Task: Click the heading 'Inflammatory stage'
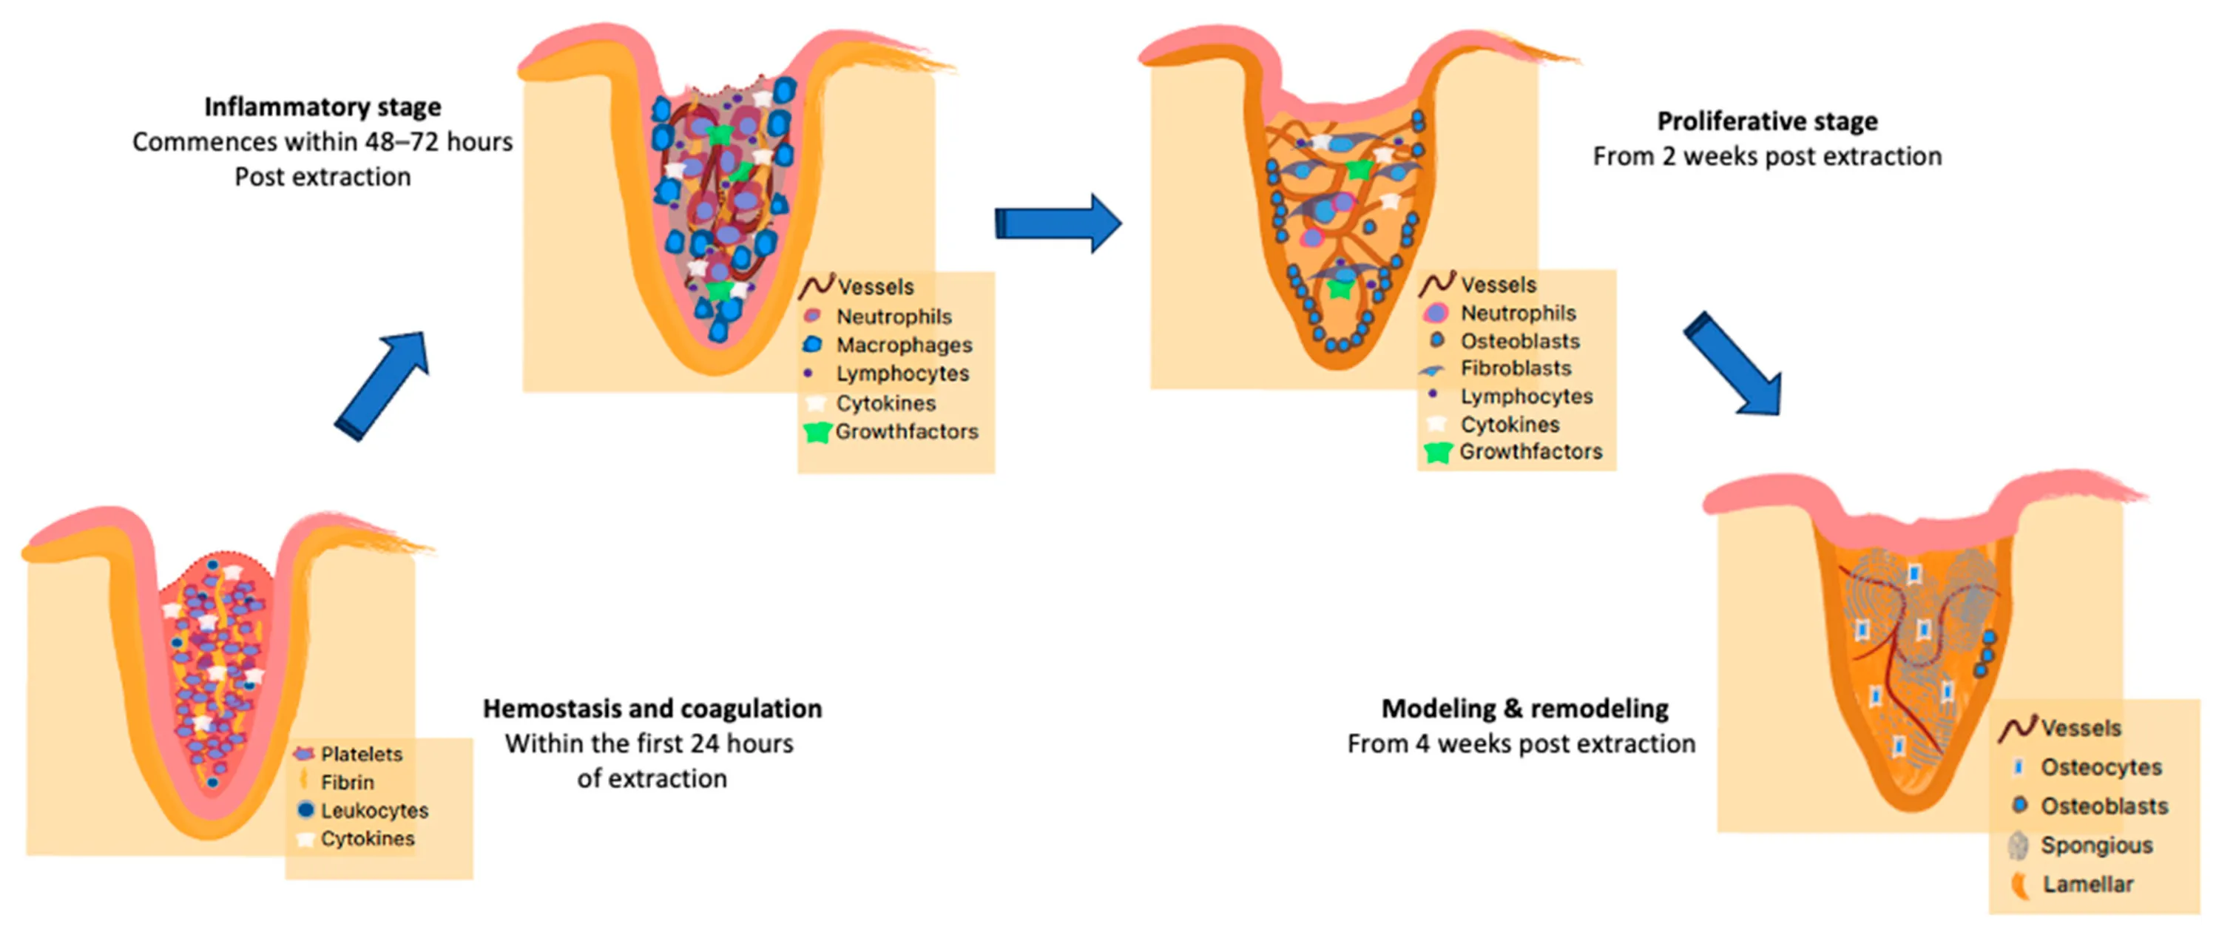point(322,107)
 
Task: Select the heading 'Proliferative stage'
point(1767,121)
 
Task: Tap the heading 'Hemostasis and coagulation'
point(652,708)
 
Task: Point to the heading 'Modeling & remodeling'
point(1524,708)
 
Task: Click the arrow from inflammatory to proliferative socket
point(1058,223)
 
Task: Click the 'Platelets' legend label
point(361,754)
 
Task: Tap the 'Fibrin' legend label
point(347,782)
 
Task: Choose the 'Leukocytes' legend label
point(374,811)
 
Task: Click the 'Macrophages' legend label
point(904,345)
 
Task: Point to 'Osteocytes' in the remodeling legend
point(2101,766)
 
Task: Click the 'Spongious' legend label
point(2095,845)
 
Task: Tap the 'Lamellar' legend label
point(2087,884)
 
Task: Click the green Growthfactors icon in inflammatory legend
point(817,431)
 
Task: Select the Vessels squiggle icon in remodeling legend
point(2016,728)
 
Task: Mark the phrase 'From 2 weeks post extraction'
point(1767,156)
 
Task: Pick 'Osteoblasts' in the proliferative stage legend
point(1519,341)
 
